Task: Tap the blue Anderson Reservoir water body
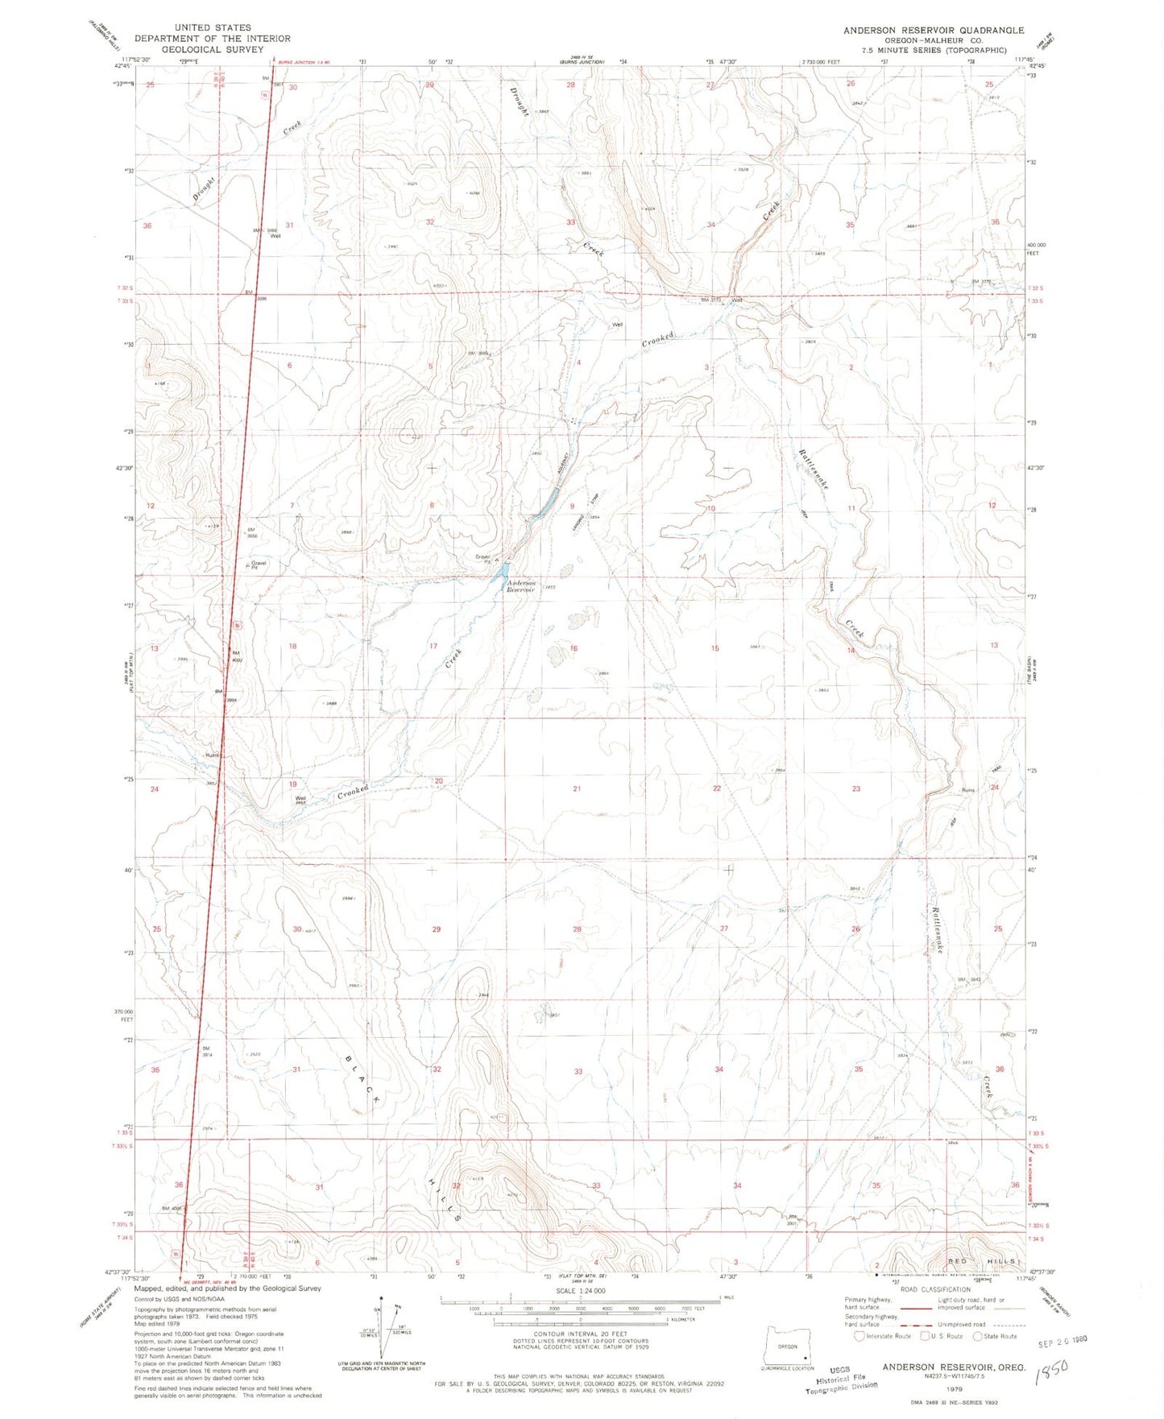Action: click(502, 571)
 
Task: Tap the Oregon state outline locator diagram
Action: click(787, 1347)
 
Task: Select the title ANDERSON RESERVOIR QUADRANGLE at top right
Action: click(934, 31)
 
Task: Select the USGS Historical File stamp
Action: click(841, 1378)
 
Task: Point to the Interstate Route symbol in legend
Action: click(860, 1336)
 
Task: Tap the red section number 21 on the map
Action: click(577, 788)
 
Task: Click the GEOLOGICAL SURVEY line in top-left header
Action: click(213, 48)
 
